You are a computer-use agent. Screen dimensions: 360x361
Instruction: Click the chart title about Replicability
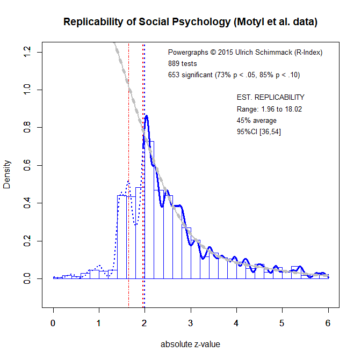click(x=190, y=22)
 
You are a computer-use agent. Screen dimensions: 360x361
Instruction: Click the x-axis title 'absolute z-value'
click(x=190, y=344)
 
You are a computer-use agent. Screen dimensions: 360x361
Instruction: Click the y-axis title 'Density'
click(x=7, y=174)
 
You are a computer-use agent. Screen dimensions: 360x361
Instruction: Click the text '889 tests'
click(x=183, y=64)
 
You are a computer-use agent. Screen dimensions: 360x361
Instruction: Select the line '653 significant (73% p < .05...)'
click(x=233, y=75)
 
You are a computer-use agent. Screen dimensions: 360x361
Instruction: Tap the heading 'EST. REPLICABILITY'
click(x=270, y=98)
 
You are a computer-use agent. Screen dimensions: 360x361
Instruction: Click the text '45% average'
click(x=256, y=121)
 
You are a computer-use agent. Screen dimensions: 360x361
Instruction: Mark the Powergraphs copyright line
click(x=245, y=53)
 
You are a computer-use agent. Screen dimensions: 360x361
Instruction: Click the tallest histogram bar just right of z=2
click(x=149, y=209)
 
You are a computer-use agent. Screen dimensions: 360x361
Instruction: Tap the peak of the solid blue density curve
click(x=146, y=116)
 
